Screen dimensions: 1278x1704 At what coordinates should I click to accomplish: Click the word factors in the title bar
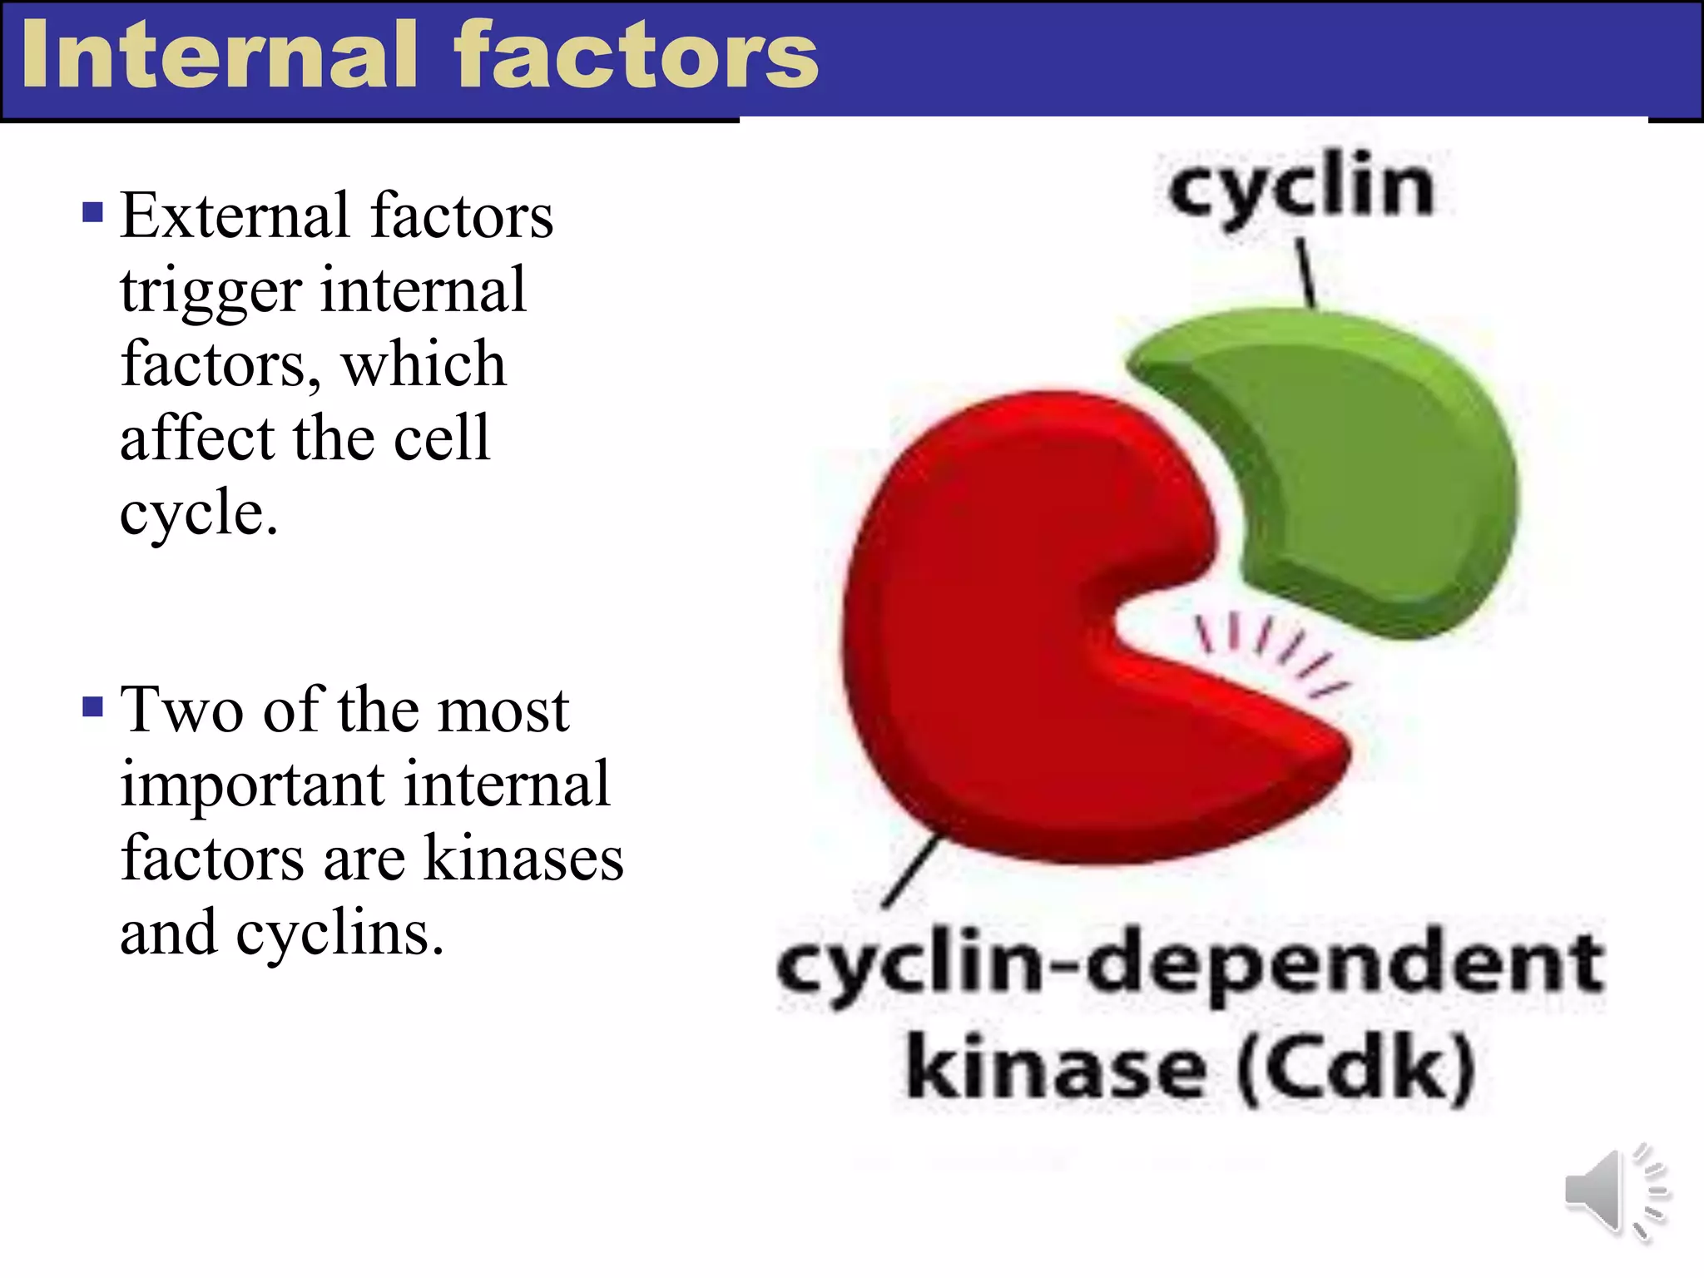(x=637, y=57)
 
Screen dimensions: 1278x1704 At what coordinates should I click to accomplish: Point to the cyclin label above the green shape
(x=1300, y=187)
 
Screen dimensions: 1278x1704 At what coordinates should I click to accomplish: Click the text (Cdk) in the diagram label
(x=1356, y=1068)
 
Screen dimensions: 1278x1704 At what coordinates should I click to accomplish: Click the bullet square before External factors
(x=93, y=212)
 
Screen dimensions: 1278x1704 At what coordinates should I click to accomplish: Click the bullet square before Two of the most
(x=93, y=707)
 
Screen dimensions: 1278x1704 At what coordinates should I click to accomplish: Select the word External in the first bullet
(x=235, y=216)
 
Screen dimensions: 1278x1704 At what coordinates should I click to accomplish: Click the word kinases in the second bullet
(x=523, y=859)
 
